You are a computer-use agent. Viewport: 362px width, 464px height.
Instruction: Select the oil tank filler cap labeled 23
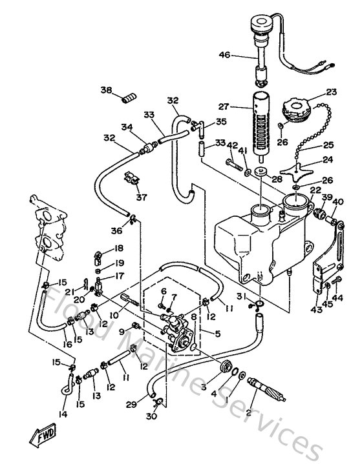[x=300, y=110]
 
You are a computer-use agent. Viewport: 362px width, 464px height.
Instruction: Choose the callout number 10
[x=112, y=315]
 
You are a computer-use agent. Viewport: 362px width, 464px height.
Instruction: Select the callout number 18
[x=119, y=248]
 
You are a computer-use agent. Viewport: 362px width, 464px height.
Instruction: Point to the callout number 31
[x=240, y=296]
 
